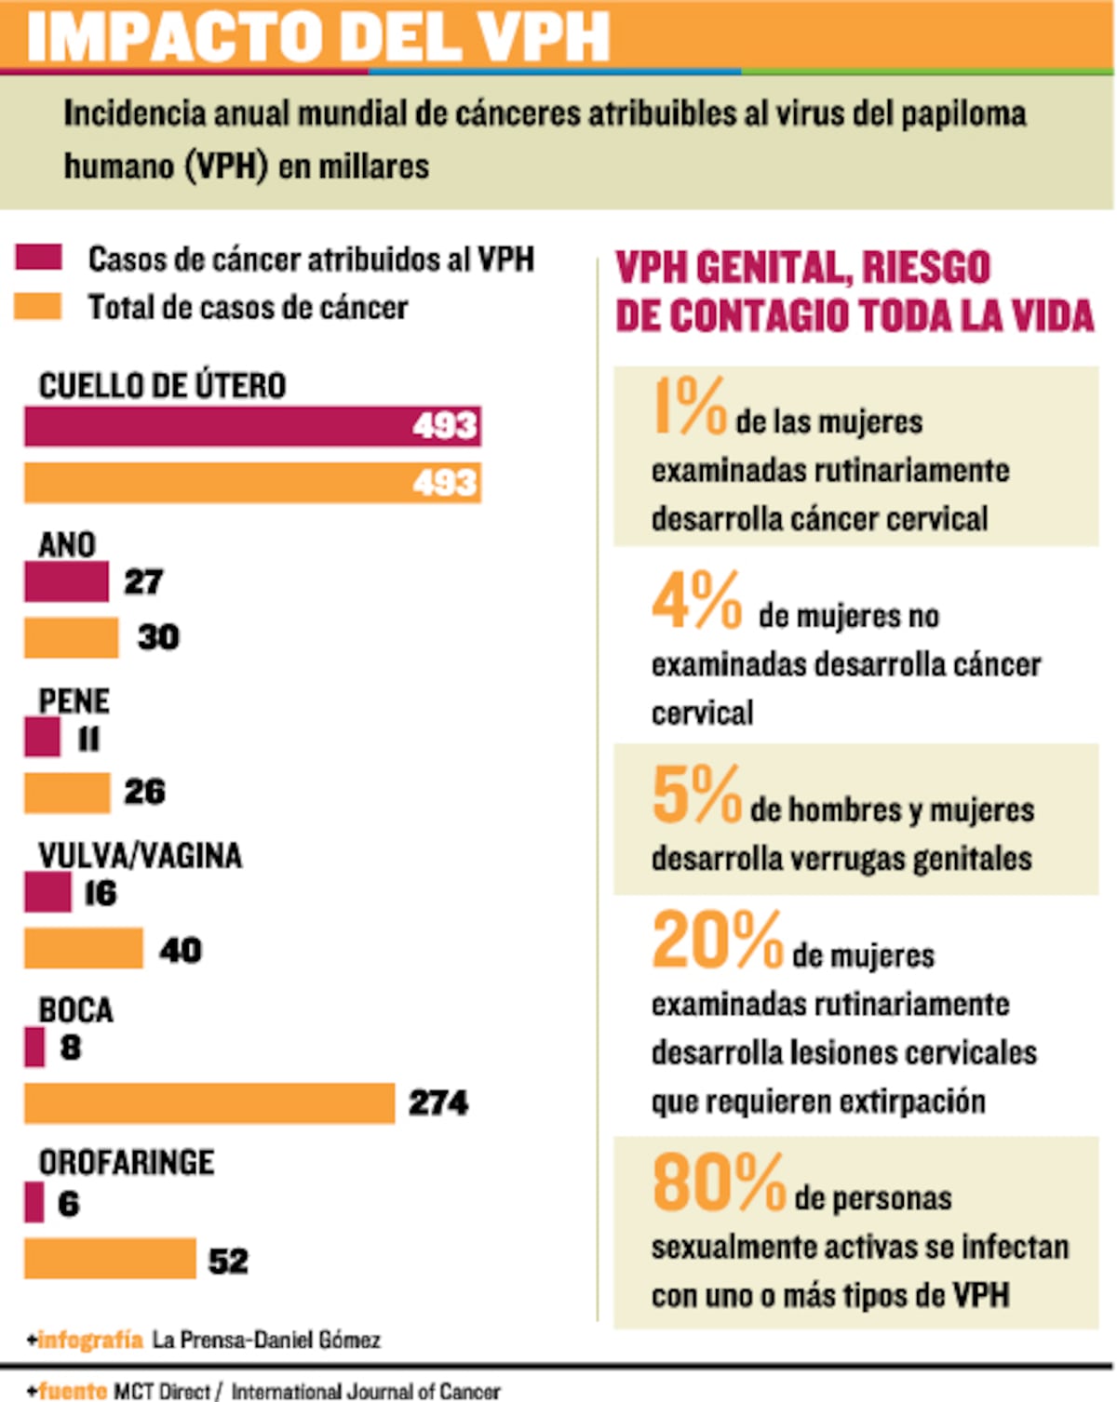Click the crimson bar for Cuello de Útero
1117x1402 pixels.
pyautogui.click(x=251, y=426)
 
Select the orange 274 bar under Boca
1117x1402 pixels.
pyautogui.click(x=209, y=1103)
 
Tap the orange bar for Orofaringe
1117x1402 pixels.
pyautogui.click(x=110, y=1259)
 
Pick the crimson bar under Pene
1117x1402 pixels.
pyautogui.click(x=42, y=738)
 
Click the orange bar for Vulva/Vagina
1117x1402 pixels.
pyautogui.click(x=84, y=948)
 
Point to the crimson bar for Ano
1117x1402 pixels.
pyautogui.click(x=66, y=582)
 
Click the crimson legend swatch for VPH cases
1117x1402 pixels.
pyautogui.click(x=39, y=257)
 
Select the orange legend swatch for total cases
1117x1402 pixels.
pyautogui.click(x=39, y=306)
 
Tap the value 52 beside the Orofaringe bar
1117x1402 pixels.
pyautogui.click(x=228, y=1262)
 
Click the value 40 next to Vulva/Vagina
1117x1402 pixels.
pyautogui.click(x=181, y=950)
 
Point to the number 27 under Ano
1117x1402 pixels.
pyautogui.click(x=143, y=582)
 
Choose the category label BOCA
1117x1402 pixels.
pyautogui.click(x=75, y=1010)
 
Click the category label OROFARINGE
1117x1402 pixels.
pyautogui.click(x=127, y=1163)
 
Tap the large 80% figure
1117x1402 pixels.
pyautogui.click(x=719, y=1183)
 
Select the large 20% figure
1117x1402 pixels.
pyautogui.click(x=717, y=941)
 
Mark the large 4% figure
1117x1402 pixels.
pyautogui.click(x=696, y=600)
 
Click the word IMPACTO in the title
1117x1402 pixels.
pyautogui.click(x=177, y=37)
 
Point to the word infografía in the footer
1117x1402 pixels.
pyautogui.click(x=90, y=1340)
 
